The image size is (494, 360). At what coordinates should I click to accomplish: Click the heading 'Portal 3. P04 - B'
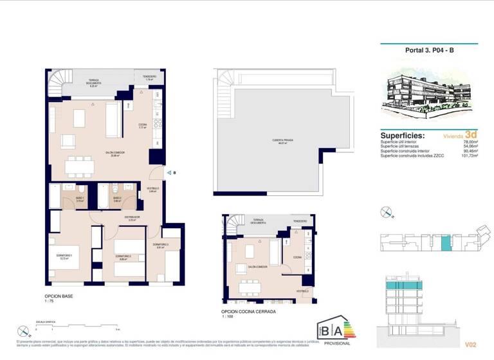[x=429, y=50]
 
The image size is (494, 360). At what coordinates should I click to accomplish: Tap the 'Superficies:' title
[x=403, y=136]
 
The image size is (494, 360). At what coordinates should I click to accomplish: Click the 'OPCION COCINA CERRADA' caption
[x=248, y=311]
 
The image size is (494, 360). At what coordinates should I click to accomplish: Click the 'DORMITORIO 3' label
[x=161, y=245]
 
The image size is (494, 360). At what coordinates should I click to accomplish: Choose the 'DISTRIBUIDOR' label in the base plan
[x=133, y=217]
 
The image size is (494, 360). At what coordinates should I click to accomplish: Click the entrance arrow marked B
[x=169, y=172]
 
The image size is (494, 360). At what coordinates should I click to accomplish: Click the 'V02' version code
[x=471, y=344]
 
